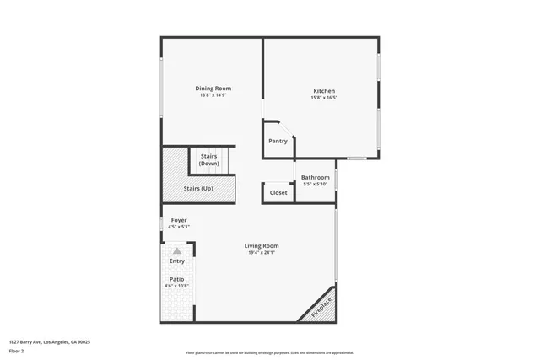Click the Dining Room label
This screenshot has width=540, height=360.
click(213, 89)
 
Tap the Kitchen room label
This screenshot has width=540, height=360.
click(325, 91)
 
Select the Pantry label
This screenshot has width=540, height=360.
click(278, 141)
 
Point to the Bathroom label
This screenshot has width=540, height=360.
click(316, 177)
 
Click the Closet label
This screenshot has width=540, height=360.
click(278, 193)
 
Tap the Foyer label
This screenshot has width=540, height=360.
click(179, 220)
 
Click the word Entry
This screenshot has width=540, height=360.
click(177, 261)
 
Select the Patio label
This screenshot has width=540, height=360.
click(177, 279)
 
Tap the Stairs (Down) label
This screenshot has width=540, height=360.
click(209, 159)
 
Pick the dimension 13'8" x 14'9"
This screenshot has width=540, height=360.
click(213, 95)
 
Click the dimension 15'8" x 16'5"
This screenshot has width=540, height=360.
click(325, 98)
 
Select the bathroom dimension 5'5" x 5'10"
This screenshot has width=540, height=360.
click(316, 184)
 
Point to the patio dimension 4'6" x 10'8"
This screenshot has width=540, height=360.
click(177, 287)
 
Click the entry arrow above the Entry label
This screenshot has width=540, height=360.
click(177, 251)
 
